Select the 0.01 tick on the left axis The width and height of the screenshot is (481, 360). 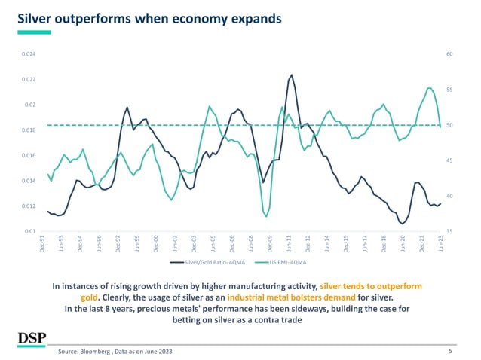point(29,231)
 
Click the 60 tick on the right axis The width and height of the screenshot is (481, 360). point(449,54)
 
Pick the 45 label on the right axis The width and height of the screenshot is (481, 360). point(449,160)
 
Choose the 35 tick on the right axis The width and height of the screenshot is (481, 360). point(449,231)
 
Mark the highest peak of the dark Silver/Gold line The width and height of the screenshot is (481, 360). point(291,75)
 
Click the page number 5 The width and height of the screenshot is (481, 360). point(449,351)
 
